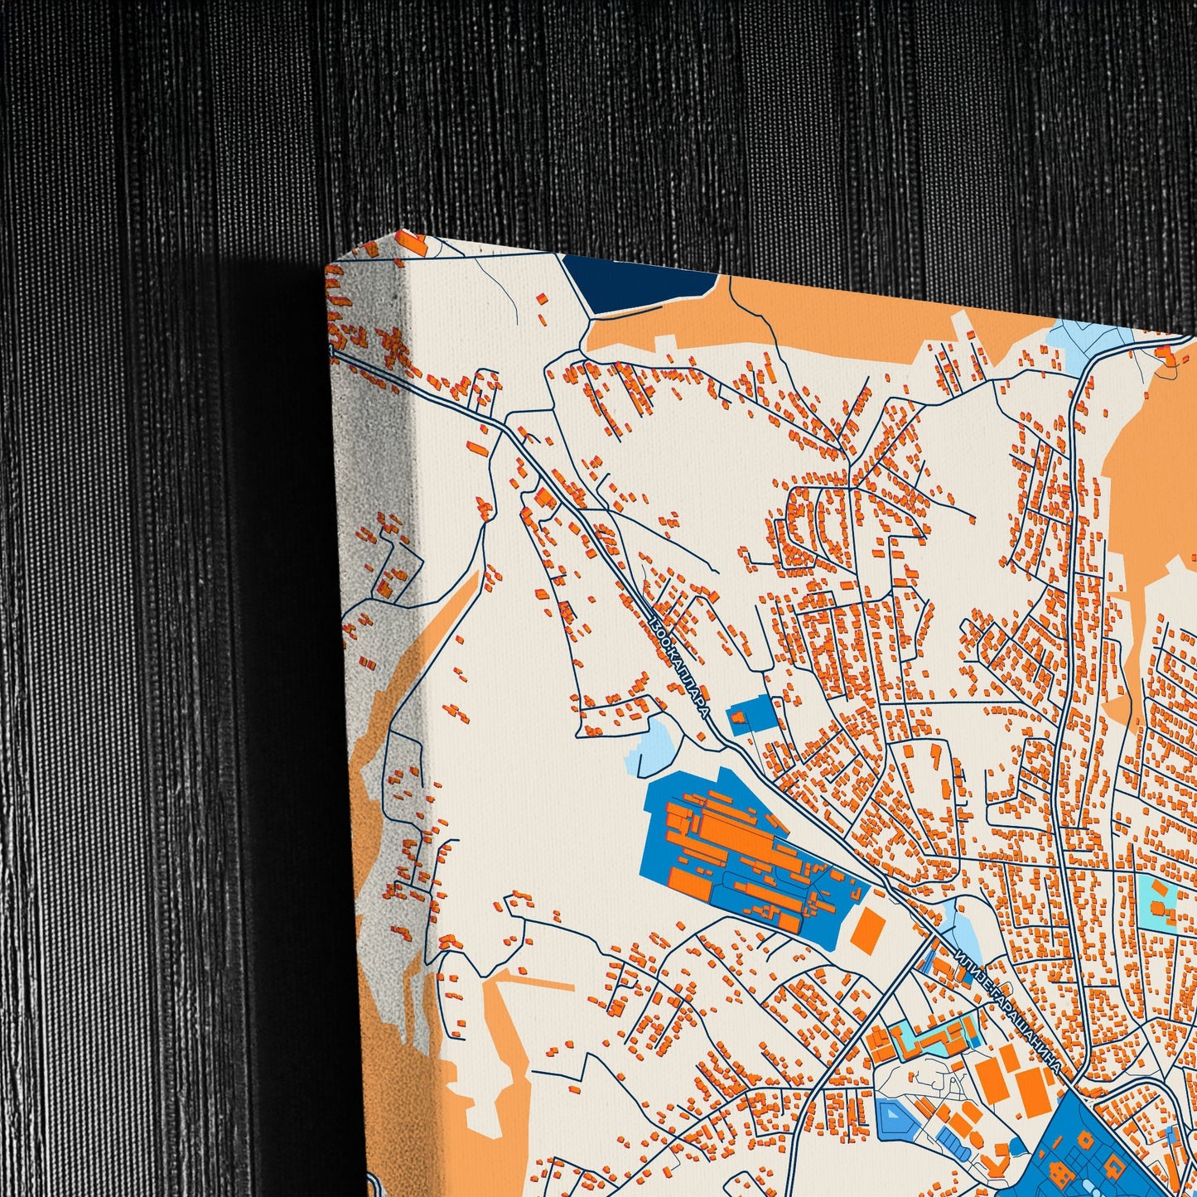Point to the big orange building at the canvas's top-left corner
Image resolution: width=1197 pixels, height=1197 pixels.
pyautogui.click(x=413, y=244)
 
